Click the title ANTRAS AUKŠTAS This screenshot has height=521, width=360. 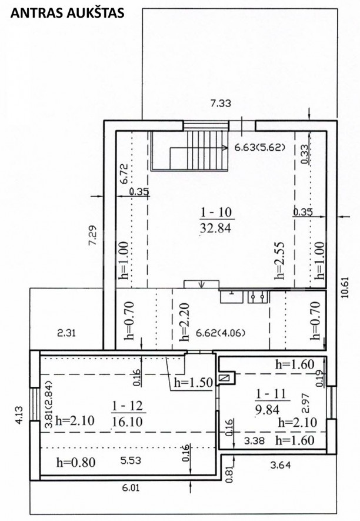click(68, 13)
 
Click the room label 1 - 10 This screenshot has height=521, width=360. click(216, 212)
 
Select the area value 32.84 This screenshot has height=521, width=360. click(215, 228)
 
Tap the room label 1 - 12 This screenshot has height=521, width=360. click(128, 406)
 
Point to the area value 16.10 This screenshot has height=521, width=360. click(128, 422)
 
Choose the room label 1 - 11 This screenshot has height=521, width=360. click(271, 394)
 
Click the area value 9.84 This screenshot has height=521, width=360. click(267, 410)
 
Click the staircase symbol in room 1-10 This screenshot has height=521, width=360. click(189, 151)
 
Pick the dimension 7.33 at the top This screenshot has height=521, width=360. click(221, 104)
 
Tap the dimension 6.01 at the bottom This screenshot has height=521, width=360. click(131, 488)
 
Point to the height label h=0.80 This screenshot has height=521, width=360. click(76, 462)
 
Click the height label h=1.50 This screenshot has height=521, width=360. click(194, 383)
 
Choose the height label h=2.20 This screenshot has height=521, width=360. click(184, 322)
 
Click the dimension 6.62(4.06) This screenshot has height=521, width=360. click(221, 333)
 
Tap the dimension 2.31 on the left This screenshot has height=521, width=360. click(66, 333)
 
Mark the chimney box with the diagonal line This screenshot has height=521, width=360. click(225, 378)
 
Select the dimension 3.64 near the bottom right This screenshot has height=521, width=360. click(281, 465)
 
